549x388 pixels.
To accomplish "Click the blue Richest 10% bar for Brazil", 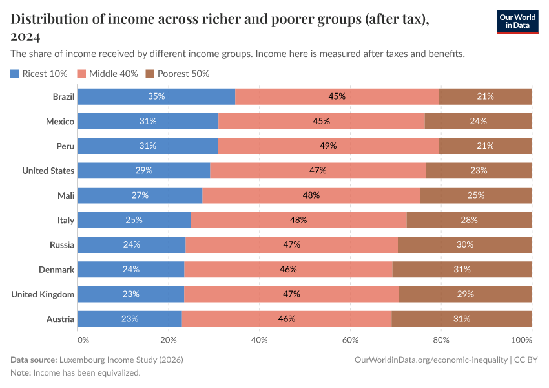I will pyautogui.click(x=156, y=96).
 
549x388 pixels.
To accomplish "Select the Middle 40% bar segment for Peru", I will pyautogui.click(x=328, y=146).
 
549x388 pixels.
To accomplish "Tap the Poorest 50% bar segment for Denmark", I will pyautogui.click(x=462, y=270).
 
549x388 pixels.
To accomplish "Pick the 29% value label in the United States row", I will pyautogui.click(x=143, y=171).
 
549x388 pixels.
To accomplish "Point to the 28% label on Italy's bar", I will pyautogui.click(x=470, y=220).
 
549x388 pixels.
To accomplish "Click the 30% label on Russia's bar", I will pyautogui.click(x=464, y=245).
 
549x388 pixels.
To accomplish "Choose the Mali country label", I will pyautogui.click(x=66, y=195).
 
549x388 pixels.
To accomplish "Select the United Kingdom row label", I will pyautogui.click(x=43, y=294).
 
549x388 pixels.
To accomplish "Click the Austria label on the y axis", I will pyautogui.click(x=60, y=319).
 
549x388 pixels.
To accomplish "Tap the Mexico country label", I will pyautogui.click(x=60, y=122).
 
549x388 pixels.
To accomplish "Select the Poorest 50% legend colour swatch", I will pyautogui.click(x=150, y=74).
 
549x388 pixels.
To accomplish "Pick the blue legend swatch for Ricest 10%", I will pyautogui.click(x=15, y=74).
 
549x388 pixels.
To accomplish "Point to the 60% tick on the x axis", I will pyautogui.click(x=350, y=339).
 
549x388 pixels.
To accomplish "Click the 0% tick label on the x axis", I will pyautogui.click(x=83, y=339).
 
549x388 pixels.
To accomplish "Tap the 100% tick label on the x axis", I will pyautogui.click(x=521, y=339).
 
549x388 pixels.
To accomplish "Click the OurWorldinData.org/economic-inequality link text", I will pyautogui.click(x=431, y=359).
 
